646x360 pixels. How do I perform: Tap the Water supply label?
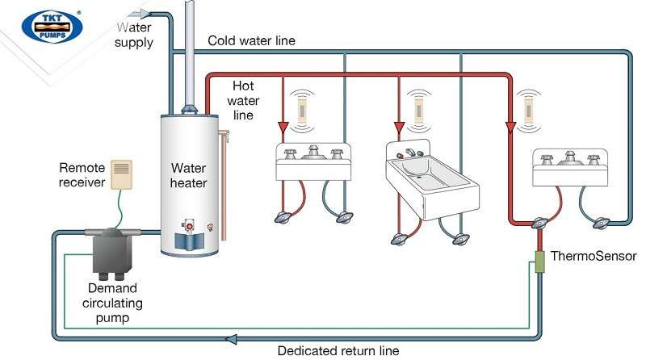tap(133, 35)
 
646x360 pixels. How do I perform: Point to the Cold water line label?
tap(251, 40)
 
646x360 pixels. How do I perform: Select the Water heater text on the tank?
tap(188, 175)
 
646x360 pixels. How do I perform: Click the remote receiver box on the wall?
tap(121, 174)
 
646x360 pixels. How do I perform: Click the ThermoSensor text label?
tap(594, 257)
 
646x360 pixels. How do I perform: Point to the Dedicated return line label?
tap(338, 351)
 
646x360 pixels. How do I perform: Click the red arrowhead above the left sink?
tap(284, 126)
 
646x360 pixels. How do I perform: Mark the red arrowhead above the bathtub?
tap(399, 127)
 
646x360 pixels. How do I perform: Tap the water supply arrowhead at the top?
tap(144, 12)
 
